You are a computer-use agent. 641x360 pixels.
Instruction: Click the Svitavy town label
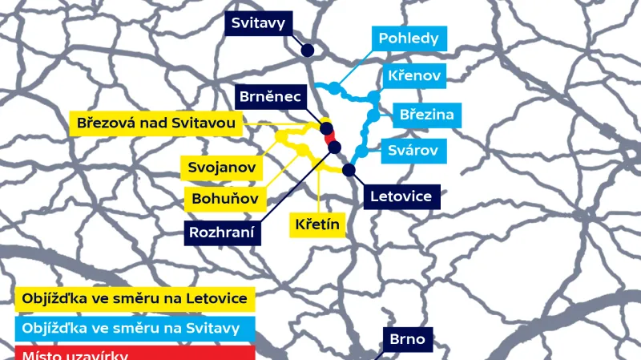[x=258, y=23]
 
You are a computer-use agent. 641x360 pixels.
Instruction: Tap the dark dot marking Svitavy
[x=307, y=51]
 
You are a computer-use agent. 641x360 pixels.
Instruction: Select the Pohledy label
[x=409, y=38]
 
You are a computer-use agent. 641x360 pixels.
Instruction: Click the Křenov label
[x=413, y=76]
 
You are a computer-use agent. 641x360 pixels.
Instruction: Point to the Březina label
[x=426, y=115]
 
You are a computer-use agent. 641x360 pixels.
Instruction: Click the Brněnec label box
[x=269, y=97]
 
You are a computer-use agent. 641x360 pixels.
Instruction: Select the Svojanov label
[x=222, y=168]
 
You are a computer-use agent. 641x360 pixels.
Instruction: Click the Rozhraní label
[x=222, y=233]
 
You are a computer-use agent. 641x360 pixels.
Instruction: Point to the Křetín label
[x=316, y=225]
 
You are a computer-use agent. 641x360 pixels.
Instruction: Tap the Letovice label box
[x=401, y=196]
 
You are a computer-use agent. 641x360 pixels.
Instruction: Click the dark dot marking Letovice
[x=349, y=169]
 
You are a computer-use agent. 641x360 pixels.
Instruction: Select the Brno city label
[x=408, y=339]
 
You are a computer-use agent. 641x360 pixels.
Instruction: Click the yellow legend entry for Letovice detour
[x=135, y=300]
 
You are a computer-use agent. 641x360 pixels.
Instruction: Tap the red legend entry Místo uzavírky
[x=135, y=353]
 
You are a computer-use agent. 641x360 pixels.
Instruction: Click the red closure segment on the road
[x=330, y=138]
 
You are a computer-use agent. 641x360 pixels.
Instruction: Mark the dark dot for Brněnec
[x=326, y=127]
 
